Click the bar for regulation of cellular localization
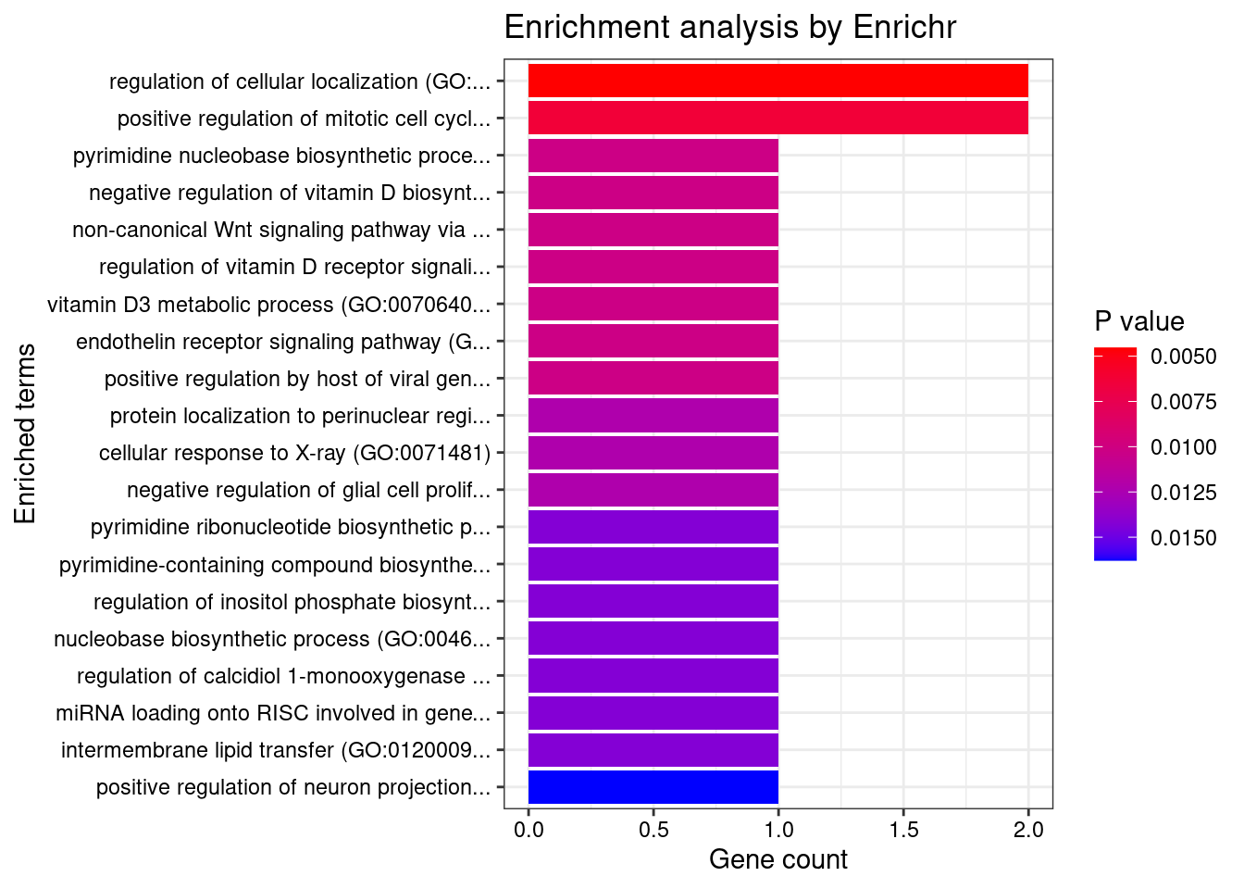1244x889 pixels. pyautogui.click(x=777, y=81)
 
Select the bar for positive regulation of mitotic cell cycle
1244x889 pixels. pyautogui.click(x=777, y=118)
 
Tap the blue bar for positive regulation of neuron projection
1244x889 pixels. pyautogui.click(x=653, y=787)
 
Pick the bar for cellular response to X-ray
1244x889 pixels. pyautogui.click(x=653, y=453)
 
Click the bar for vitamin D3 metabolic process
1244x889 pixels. pyautogui.click(x=653, y=304)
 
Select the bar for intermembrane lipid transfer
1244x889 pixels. pyautogui.click(x=653, y=750)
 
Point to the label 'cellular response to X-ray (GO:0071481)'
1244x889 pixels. pyautogui.click(x=294, y=453)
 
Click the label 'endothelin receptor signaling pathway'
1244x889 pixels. pyautogui.click(x=283, y=342)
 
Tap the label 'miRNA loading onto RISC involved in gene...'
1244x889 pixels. pyautogui.click(x=273, y=713)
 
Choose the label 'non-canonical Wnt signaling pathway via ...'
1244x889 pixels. pyautogui.click(x=281, y=230)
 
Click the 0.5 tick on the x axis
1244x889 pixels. pyautogui.click(x=653, y=830)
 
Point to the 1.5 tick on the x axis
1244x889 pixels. pyautogui.click(x=903, y=830)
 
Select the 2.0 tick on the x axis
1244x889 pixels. pyautogui.click(x=1028, y=830)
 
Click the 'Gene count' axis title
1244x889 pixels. pyautogui.click(x=777, y=860)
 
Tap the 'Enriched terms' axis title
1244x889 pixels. pyautogui.click(x=25, y=433)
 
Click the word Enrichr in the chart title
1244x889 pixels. pyautogui.click(x=904, y=28)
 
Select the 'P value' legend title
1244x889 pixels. pyautogui.click(x=1138, y=321)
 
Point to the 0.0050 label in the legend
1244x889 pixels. pyautogui.click(x=1183, y=357)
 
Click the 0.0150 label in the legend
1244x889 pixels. pyautogui.click(x=1183, y=538)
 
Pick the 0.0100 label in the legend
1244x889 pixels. pyautogui.click(x=1183, y=447)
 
